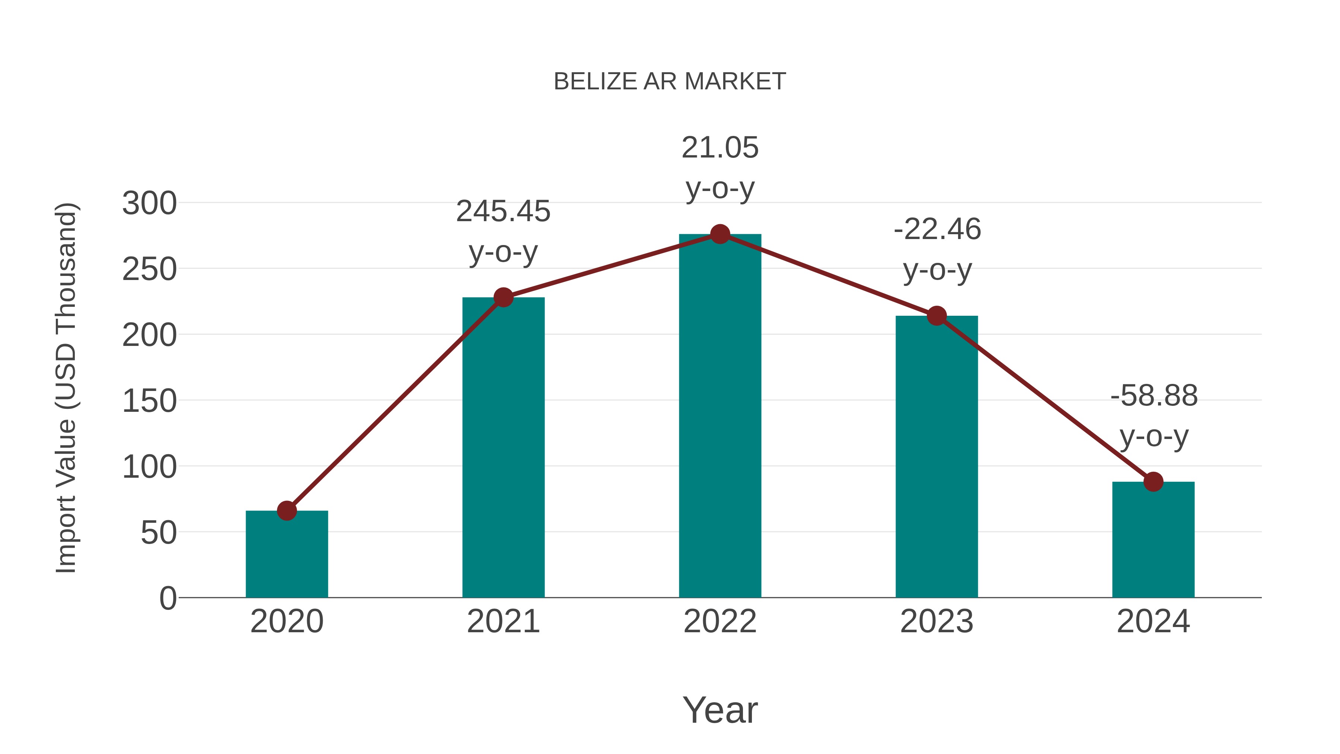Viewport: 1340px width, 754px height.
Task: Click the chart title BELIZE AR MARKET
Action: click(x=670, y=82)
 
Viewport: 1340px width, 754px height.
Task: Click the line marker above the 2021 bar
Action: click(x=504, y=298)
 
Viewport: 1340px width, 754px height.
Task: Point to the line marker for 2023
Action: click(x=937, y=316)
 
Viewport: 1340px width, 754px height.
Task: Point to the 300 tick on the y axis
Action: click(x=149, y=203)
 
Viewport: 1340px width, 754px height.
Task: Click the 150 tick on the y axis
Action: click(x=149, y=401)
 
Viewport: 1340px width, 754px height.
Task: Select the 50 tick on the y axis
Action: click(x=159, y=533)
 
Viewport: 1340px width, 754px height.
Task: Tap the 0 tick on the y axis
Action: click(x=168, y=598)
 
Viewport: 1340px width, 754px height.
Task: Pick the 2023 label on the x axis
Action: click(x=937, y=621)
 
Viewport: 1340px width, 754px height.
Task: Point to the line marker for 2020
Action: click(x=287, y=511)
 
